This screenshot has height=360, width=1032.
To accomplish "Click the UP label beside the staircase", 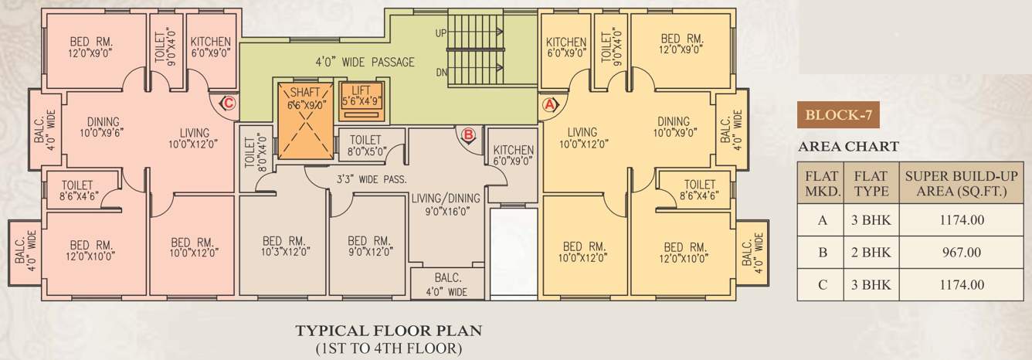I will click(441, 33).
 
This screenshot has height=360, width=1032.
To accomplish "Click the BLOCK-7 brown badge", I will click(838, 117).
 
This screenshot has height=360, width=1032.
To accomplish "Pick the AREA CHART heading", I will click(847, 146).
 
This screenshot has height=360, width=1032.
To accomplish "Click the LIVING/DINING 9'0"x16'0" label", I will click(446, 203).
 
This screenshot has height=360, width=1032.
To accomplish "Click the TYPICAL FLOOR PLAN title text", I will click(389, 331).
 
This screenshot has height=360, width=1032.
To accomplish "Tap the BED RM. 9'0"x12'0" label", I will click(367, 245).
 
